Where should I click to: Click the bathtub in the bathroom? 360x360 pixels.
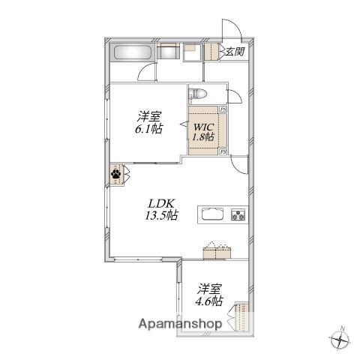click(132, 52)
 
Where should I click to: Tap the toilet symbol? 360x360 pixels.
click(198, 94)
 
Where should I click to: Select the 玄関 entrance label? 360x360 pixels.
click(235, 52)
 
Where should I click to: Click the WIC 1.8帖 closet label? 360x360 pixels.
click(203, 132)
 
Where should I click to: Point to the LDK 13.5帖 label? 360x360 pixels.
click(161, 209)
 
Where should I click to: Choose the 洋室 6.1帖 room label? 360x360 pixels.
click(149, 122)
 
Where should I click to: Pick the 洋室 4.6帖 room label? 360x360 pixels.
click(209, 295)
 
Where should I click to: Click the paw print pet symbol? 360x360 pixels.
click(116, 173)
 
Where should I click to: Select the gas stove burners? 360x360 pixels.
click(238, 214)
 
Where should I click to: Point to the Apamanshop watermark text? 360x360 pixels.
click(180, 324)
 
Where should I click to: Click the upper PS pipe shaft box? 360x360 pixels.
click(223, 109)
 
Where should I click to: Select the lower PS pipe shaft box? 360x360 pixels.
click(223, 151)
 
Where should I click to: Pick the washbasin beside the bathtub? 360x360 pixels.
click(168, 52)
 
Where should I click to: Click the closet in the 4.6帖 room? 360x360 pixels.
click(242, 316)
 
